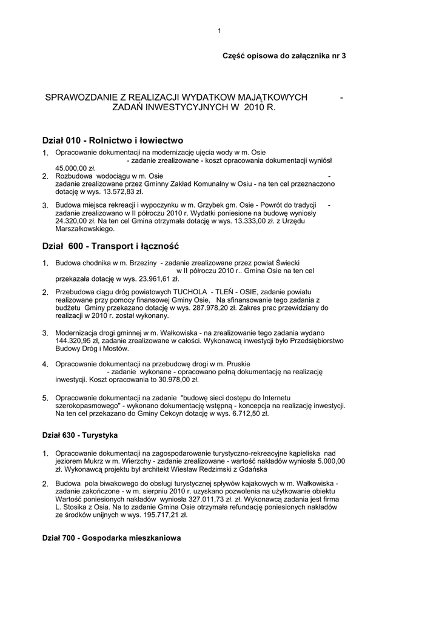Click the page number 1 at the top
point(219,31)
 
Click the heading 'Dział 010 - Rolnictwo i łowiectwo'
point(112,140)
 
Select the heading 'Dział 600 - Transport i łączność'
point(111,246)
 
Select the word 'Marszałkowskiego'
point(84,229)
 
